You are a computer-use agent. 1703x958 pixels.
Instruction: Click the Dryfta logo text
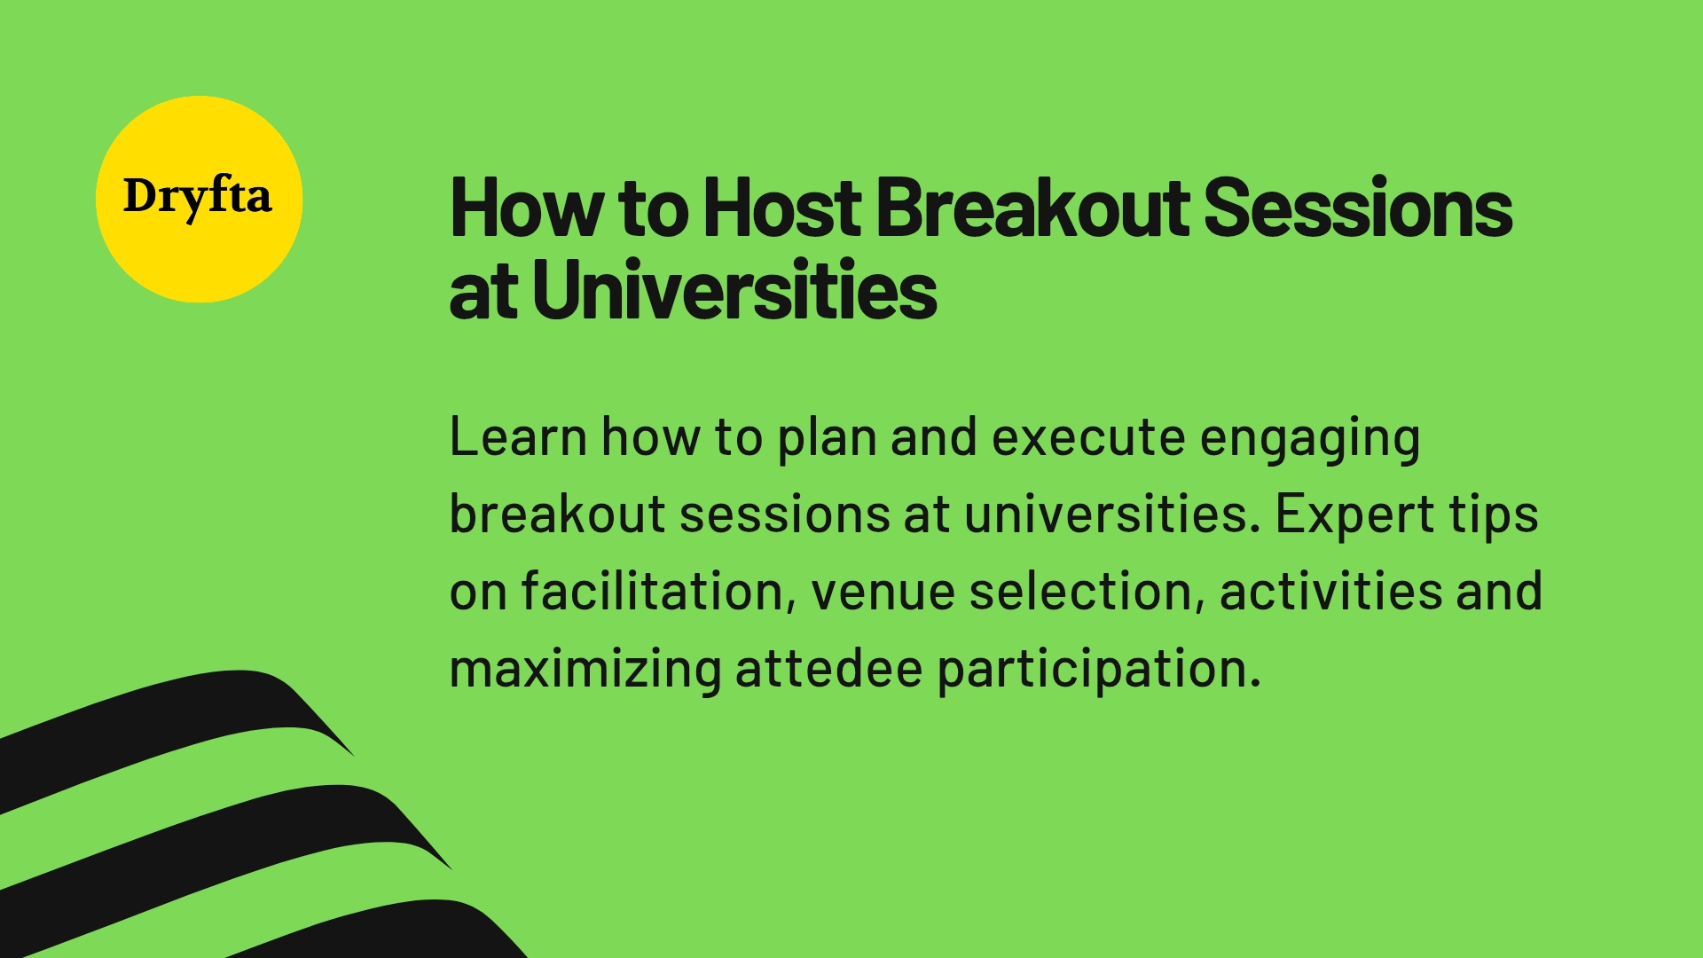[x=197, y=197]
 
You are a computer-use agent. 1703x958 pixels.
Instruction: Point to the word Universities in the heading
[x=734, y=290]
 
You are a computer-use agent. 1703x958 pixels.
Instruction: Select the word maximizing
[x=585, y=670]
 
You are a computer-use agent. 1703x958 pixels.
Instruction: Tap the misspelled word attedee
[x=828, y=668]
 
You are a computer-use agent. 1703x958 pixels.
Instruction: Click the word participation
[x=1098, y=670]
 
